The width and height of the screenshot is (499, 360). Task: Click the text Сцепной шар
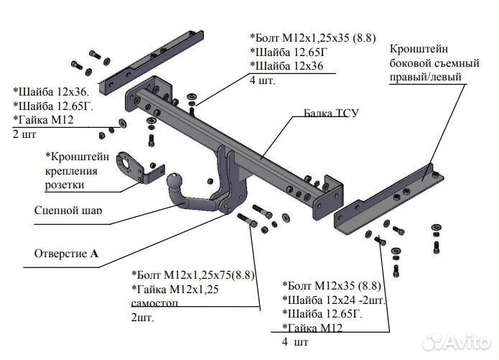point(68,211)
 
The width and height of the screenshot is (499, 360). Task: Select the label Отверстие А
point(65,254)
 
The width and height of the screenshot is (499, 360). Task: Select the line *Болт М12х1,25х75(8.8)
point(193,274)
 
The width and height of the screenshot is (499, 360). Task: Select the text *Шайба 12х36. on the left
point(50,91)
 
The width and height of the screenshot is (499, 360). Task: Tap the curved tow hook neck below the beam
point(226,190)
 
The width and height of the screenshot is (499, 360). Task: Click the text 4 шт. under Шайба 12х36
point(262,80)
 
